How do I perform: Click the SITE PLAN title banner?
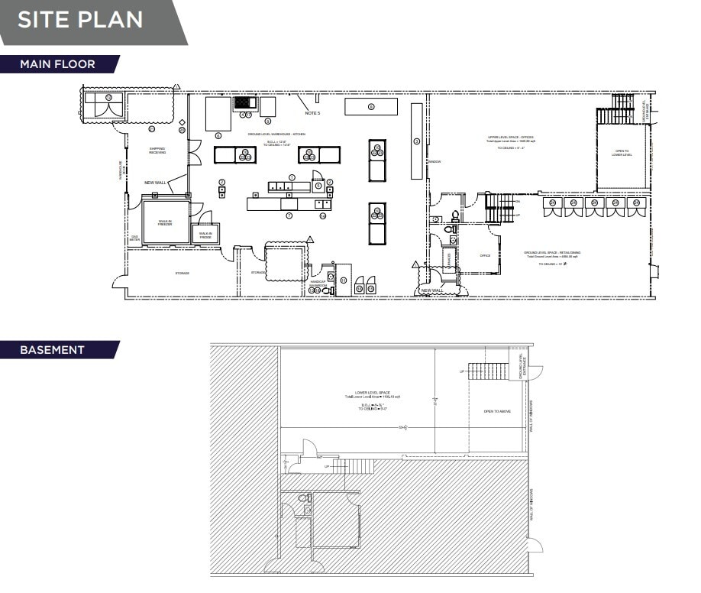[80, 19]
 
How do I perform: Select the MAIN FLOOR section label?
[58, 64]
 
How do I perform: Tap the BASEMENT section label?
[52, 350]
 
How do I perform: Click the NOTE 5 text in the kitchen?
[312, 113]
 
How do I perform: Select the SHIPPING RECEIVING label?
[157, 151]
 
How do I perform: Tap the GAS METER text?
[135, 238]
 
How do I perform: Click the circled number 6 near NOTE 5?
[370, 106]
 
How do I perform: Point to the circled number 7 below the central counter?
[289, 216]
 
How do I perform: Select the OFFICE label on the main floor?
[485, 255]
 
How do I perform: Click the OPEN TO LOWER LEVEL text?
[622, 154]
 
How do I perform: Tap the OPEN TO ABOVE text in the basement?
[497, 411]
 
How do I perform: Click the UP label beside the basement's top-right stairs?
[462, 371]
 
